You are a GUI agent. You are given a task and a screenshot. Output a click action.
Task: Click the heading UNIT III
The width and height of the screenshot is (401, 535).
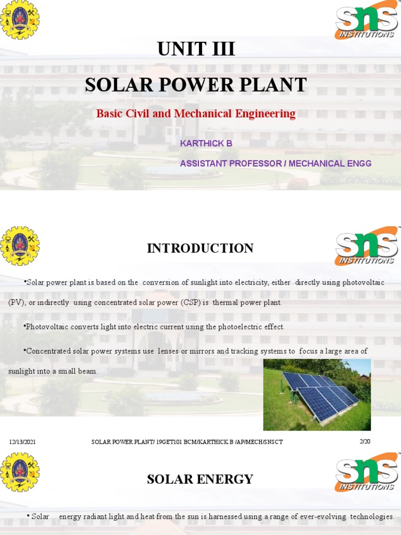(196, 49)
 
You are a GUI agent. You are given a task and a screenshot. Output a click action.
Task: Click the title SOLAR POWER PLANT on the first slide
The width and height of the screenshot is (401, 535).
(196, 85)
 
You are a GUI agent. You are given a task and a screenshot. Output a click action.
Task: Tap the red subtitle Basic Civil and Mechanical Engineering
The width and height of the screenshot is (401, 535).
(196, 113)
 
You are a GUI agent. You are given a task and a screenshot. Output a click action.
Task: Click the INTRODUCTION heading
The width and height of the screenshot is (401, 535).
(200, 248)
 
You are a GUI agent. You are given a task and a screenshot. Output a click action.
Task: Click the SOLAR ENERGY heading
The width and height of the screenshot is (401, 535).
(200, 479)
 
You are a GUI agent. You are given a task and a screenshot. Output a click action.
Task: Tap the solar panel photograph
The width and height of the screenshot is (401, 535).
(316, 394)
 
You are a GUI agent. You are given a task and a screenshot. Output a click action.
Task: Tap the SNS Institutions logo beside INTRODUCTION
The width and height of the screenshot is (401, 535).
(367, 246)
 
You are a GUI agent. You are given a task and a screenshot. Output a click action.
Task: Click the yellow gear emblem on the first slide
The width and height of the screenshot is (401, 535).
(20, 20)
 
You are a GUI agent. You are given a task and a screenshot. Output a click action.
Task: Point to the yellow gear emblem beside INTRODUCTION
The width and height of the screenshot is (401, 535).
(20, 246)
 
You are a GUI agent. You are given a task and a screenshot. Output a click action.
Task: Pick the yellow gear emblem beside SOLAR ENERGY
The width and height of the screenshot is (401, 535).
(20, 472)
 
